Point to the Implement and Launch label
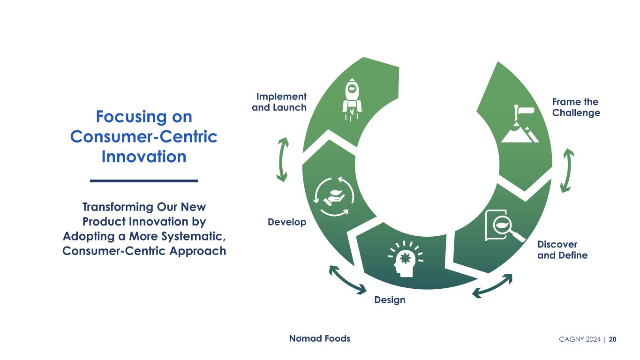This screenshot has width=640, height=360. (x=279, y=102)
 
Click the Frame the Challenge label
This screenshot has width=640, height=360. (x=576, y=107)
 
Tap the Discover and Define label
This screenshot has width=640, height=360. (x=562, y=250)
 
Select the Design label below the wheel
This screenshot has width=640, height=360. (x=390, y=300)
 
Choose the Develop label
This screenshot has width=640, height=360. (x=287, y=222)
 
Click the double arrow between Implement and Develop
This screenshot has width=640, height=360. (x=282, y=159)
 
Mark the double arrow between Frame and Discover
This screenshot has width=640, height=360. (x=567, y=170)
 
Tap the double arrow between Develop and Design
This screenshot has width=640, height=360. (x=347, y=280)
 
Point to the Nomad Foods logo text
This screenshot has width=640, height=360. (x=319, y=338)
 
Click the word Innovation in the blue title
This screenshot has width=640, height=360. (x=144, y=157)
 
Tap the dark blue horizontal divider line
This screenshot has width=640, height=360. (x=144, y=180)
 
